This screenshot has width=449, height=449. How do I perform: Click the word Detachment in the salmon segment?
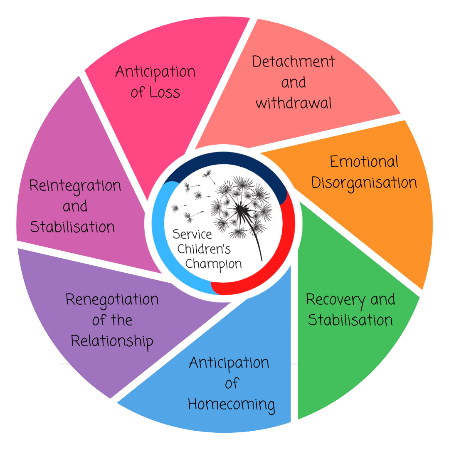[294, 62]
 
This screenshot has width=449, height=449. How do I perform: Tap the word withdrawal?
[294, 103]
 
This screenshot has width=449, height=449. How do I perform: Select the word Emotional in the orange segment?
[364, 162]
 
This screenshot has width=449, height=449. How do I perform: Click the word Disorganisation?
[364, 183]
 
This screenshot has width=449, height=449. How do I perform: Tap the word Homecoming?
[231, 404]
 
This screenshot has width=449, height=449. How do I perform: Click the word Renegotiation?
[112, 299]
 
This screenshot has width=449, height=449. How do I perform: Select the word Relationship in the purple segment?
[112, 341]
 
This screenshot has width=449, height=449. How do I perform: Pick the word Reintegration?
[75, 185]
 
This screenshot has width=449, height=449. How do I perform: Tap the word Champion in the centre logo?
[213, 264]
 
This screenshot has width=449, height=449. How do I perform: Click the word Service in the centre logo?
[192, 234]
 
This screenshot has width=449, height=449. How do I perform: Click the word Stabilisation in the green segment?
[350, 320]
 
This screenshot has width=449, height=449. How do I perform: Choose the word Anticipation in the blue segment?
[229, 363]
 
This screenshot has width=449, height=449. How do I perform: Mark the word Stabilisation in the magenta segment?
[72, 227]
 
